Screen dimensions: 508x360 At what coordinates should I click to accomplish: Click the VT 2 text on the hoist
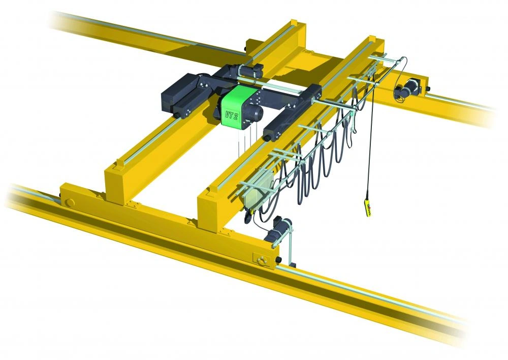click(x=231, y=115)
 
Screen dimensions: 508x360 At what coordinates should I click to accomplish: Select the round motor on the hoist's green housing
click(x=256, y=112)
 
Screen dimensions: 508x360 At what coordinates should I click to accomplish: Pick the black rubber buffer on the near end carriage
click(x=278, y=260)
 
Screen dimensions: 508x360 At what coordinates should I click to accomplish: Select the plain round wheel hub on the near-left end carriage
click(x=69, y=202)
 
